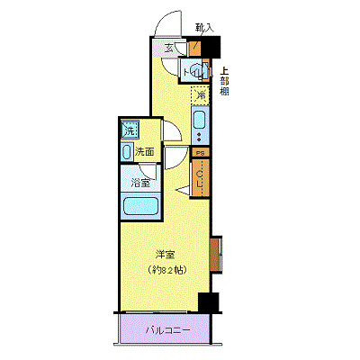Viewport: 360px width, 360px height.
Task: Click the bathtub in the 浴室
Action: [139, 207]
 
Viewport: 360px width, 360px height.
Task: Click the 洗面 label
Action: [145, 152]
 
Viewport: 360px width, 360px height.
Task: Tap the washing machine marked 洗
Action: [130, 130]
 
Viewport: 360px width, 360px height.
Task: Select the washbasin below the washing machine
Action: [126, 152]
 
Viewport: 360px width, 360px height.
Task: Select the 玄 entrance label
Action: [169, 49]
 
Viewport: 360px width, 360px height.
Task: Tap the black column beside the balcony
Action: [209, 303]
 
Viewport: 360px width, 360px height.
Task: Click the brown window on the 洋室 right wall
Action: [215, 251]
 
